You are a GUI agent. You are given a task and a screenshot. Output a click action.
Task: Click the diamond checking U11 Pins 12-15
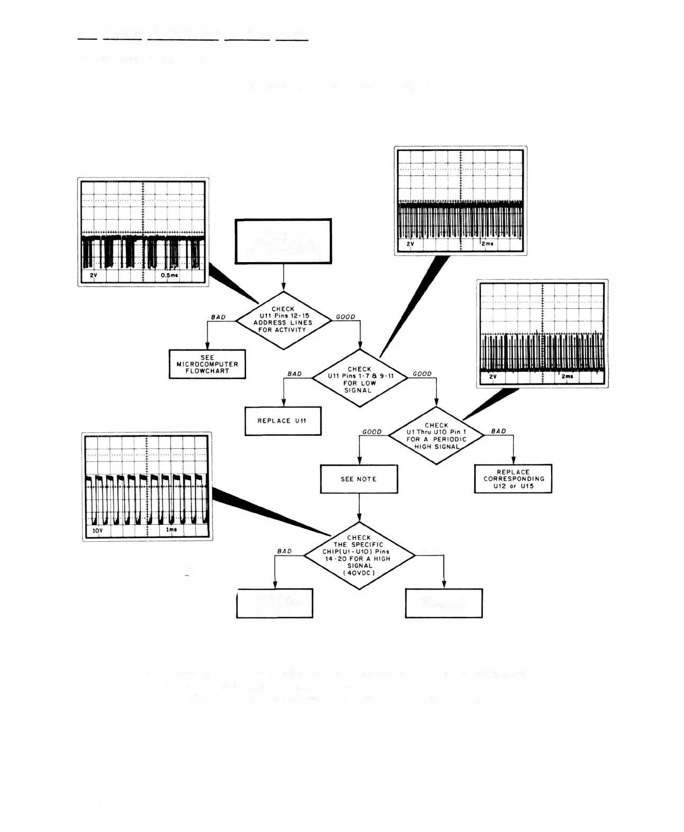[283, 320]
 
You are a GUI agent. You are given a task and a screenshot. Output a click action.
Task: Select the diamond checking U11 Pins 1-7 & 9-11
[360, 379]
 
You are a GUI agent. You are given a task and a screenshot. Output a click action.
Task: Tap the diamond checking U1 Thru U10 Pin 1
[436, 435]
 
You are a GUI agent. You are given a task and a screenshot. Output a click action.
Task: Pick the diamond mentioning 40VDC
[359, 555]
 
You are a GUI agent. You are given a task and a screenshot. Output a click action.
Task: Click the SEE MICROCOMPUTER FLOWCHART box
[208, 364]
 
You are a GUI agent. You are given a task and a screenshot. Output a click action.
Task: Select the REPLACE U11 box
[283, 421]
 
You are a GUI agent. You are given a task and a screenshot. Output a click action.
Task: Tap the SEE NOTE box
[359, 479]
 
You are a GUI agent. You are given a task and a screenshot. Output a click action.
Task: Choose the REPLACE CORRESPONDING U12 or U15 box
[513, 479]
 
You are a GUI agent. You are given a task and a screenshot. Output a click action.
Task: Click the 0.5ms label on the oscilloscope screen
[169, 275]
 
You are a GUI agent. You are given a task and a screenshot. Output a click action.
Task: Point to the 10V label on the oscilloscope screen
[97, 530]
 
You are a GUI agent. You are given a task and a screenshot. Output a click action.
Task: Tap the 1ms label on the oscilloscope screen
[172, 530]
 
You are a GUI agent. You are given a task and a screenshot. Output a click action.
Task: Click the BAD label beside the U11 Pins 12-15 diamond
[218, 317]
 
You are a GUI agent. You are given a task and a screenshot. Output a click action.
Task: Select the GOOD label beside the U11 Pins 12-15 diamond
[346, 317]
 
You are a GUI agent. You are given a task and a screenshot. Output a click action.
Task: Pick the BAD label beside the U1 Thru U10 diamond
[499, 431]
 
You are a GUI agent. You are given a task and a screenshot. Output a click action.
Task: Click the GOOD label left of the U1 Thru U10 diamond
[372, 432]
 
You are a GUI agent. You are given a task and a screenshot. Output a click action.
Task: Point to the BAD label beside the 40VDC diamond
[284, 551]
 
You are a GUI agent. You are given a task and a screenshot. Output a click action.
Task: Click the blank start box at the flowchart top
[283, 241]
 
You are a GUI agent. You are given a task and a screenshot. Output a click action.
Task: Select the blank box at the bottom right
[444, 603]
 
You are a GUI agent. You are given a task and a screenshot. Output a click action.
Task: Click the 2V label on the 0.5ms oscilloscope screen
[93, 275]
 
